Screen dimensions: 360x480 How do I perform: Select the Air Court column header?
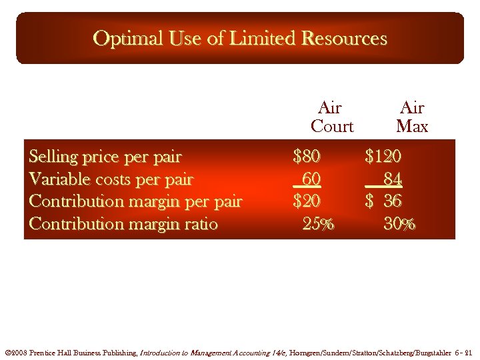pos(331,117)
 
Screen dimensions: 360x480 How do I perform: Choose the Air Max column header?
pos(411,117)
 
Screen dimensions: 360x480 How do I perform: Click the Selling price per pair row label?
pos(105,157)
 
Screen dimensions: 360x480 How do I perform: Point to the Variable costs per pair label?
pos(111,179)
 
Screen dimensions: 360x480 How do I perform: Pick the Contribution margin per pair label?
pos(135,201)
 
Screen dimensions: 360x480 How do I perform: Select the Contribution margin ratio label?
pos(123,224)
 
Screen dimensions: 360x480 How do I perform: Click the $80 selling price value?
pos(307,157)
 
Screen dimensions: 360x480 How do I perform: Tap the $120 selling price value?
pos(383,157)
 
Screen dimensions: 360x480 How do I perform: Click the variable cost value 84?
pos(392,179)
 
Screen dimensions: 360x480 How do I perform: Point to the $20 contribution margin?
pos(307,201)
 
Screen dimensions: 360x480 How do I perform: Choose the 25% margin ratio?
pos(318,224)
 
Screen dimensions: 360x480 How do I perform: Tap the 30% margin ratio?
pos(399,224)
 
